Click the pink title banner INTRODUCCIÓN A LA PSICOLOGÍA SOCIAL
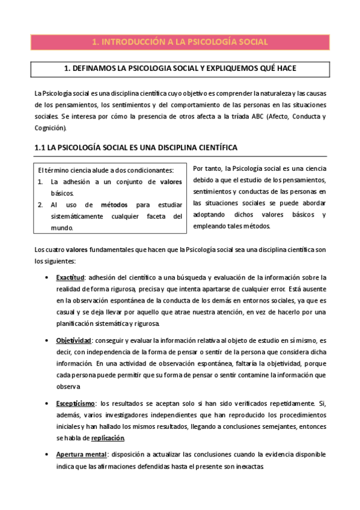point(180,41)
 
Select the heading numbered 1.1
point(136,147)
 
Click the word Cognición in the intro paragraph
point(50,127)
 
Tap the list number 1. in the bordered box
point(40,182)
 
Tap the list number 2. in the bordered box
point(40,204)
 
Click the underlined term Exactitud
point(70,277)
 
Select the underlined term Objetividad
point(73,340)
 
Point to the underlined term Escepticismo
point(76,402)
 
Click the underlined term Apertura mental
point(81,454)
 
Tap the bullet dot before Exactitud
point(47,277)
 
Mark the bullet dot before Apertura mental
point(47,454)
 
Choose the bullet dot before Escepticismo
point(47,402)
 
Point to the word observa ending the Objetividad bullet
point(69,387)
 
